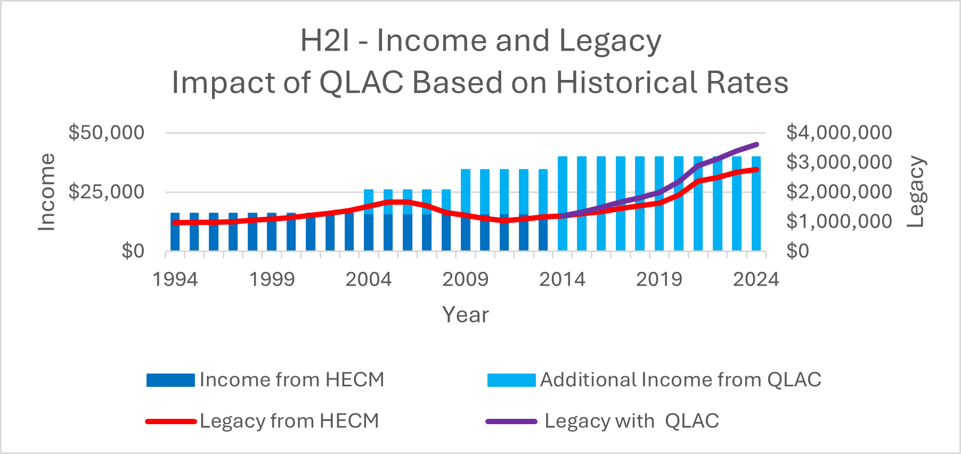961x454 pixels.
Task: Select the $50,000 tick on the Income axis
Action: pyautogui.click(x=106, y=132)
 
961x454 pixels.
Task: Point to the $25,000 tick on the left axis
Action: pyautogui.click(x=106, y=191)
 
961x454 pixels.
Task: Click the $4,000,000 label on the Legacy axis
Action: pyautogui.click(x=838, y=132)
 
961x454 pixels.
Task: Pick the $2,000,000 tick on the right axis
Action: pyautogui.click(x=838, y=191)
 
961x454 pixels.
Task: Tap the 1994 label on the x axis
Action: pyautogui.click(x=175, y=279)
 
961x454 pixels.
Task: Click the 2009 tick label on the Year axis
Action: pyautogui.click(x=465, y=279)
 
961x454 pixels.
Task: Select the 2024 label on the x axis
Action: pyautogui.click(x=755, y=279)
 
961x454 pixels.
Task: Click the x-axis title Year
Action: pyautogui.click(x=465, y=314)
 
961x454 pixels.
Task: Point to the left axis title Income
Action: pyautogui.click(x=47, y=192)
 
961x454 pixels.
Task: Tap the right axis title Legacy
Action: pyautogui.click(x=916, y=192)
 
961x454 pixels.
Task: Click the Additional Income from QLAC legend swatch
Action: pyautogui.click(x=511, y=380)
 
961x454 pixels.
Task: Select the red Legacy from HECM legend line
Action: pyautogui.click(x=171, y=421)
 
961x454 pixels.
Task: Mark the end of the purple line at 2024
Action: pyautogui.click(x=756, y=144)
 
